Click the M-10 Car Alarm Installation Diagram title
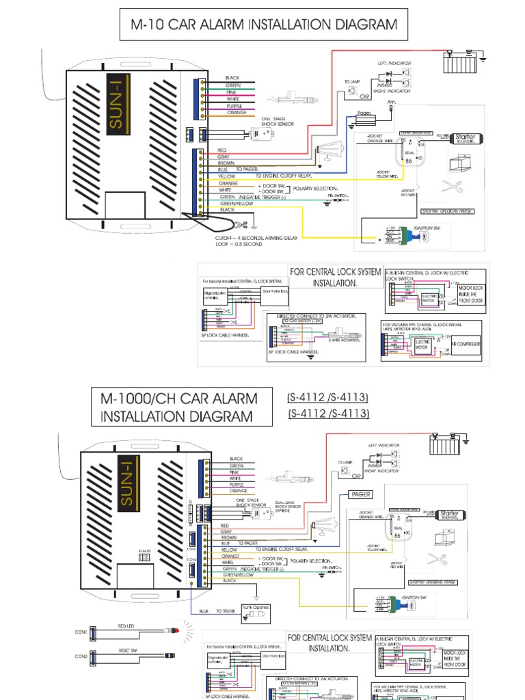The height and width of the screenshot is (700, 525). [x=263, y=25]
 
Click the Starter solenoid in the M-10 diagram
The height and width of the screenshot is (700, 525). [x=464, y=137]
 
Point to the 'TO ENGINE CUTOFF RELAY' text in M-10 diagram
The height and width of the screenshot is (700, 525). [x=265, y=176]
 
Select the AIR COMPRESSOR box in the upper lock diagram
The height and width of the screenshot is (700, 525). [x=468, y=345]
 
